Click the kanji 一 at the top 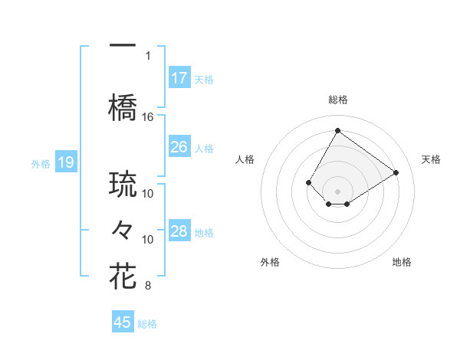(x=123, y=45)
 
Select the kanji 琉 (x=123, y=185)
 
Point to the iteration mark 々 (x=123, y=229)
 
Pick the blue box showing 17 (x=179, y=78)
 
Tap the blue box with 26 (x=179, y=147)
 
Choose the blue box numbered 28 (x=179, y=231)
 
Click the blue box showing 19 (x=66, y=162)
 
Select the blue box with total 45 (x=123, y=322)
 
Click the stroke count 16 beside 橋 (x=148, y=116)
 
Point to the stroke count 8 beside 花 (x=148, y=286)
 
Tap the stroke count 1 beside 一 (x=148, y=55)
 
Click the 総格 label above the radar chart (x=337, y=100)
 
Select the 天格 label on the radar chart (x=431, y=159)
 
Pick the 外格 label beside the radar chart (x=270, y=262)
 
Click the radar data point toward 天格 (x=396, y=172)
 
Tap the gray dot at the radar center (x=337, y=191)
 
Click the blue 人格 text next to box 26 (x=203, y=148)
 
